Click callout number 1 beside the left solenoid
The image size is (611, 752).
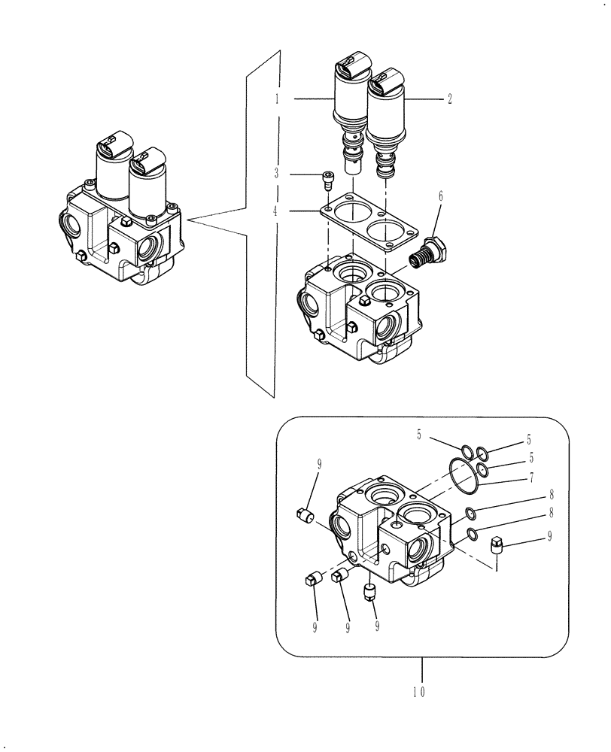[x=277, y=98]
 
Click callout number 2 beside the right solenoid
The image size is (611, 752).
[x=449, y=99]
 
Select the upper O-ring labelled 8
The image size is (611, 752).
[x=470, y=514]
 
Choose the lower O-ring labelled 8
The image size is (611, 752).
[x=470, y=534]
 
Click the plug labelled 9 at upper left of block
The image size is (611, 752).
[x=305, y=514]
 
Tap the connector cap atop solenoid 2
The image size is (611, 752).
[x=385, y=77]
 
